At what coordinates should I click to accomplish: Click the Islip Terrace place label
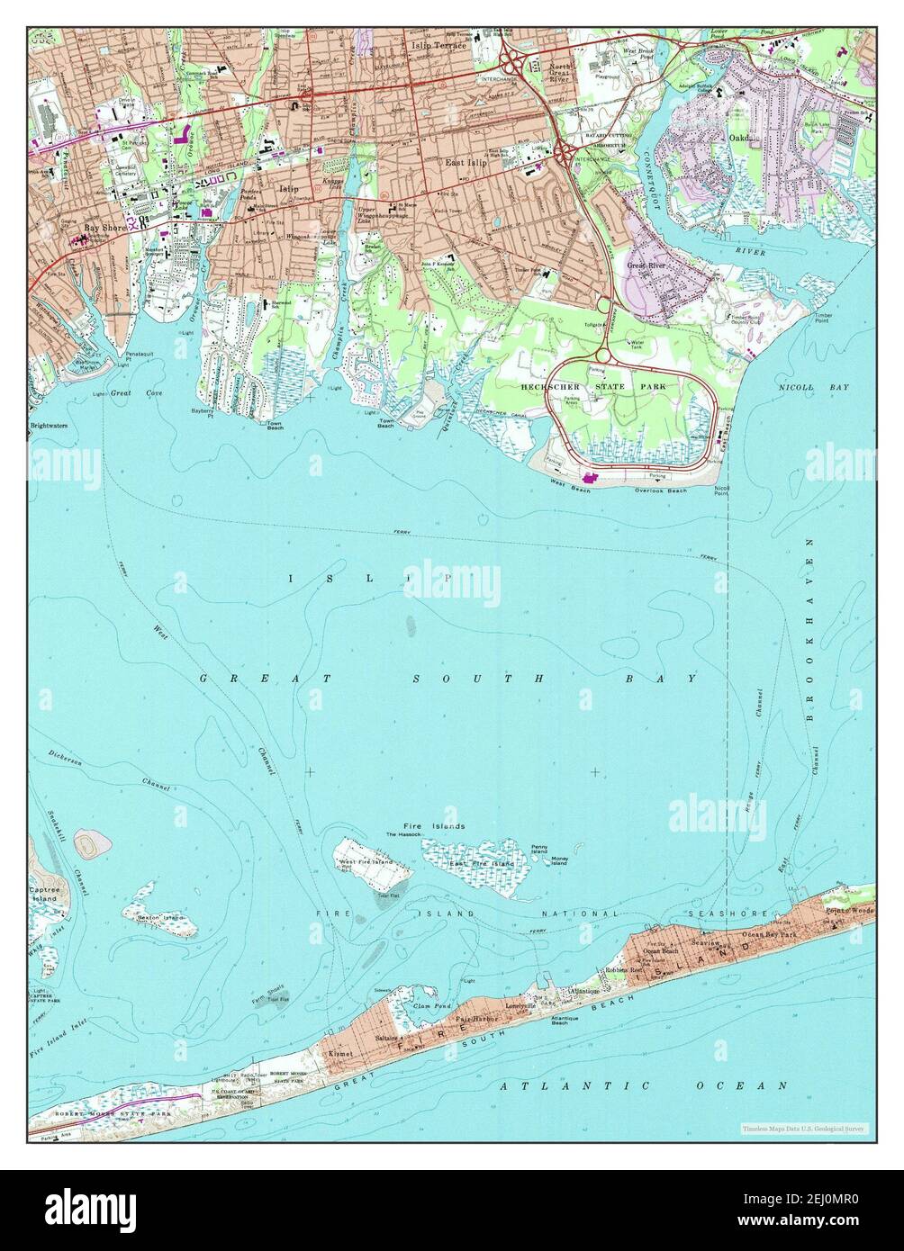point(438,44)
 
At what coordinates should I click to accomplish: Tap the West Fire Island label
point(366,863)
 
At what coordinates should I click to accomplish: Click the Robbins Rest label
point(623,970)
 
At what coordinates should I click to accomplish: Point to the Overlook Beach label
point(660,490)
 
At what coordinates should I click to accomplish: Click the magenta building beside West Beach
point(592,477)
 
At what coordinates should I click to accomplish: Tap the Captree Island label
point(45,894)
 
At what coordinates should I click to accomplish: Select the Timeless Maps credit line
point(803,1128)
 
